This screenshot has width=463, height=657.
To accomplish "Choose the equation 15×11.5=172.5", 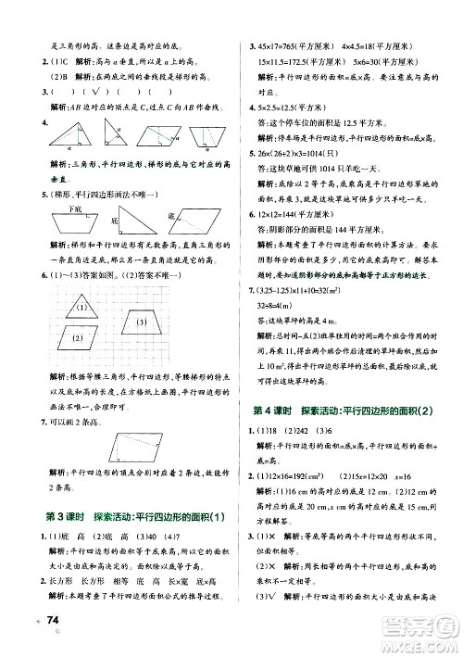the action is click(x=293, y=61).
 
